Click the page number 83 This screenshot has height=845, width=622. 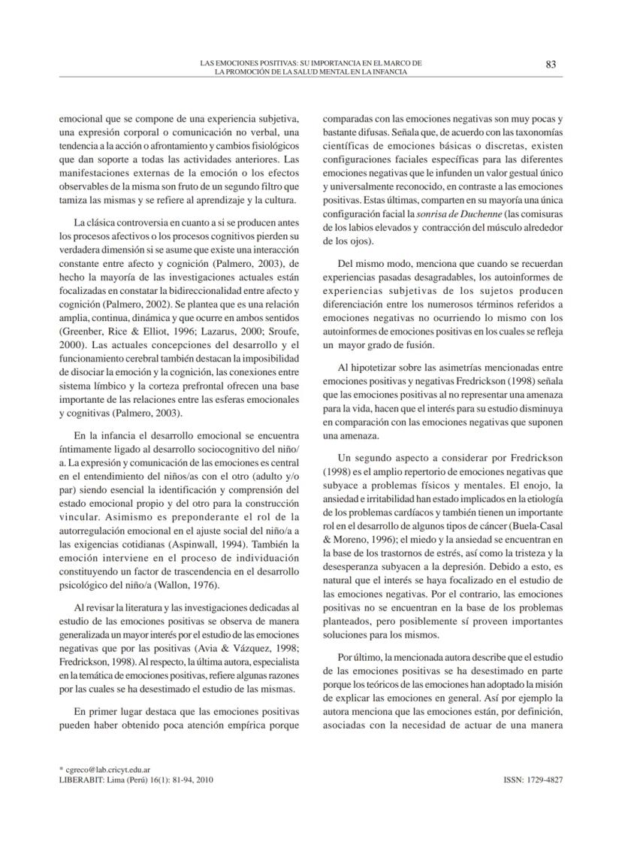tap(550, 64)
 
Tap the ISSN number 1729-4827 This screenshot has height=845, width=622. tap(533, 780)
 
